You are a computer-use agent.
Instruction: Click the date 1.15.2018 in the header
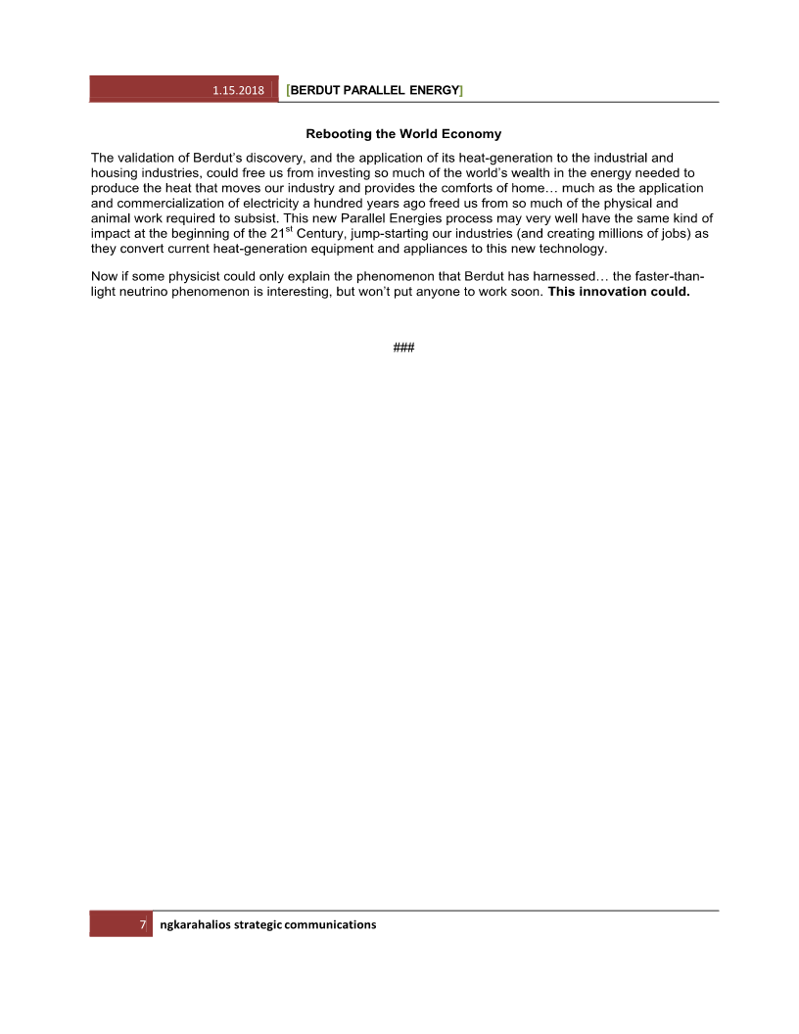point(239,90)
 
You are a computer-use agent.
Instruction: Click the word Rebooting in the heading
point(336,133)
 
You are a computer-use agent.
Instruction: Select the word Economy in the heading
point(471,133)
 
